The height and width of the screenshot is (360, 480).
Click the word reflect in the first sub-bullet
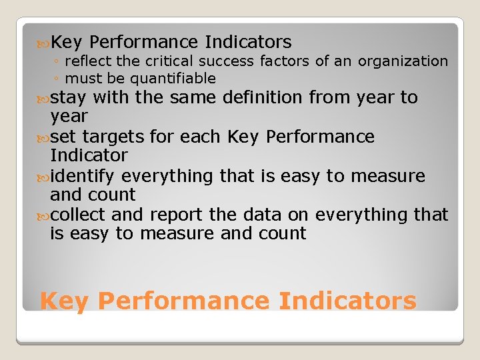tap(89, 61)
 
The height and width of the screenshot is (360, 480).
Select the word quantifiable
tap(173, 79)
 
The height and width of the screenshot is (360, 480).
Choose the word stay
tap(68, 97)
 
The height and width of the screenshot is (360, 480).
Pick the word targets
tap(113, 137)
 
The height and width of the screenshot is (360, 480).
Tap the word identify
tap(83, 176)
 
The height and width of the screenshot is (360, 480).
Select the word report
tap(173, 215)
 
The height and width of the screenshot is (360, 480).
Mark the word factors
tap(285, 61)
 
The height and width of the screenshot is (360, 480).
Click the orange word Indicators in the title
tap(347, 301)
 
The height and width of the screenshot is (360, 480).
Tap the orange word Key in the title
tap(64, 301)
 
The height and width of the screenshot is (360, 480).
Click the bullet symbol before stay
tap(45, 98)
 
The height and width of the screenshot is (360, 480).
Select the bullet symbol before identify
tap(45, 177)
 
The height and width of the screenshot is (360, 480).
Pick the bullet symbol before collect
tap(45, 215)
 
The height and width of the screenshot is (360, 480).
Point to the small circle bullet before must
tap(59, 79)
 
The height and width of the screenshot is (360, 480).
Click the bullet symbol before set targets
tap(45, 137)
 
